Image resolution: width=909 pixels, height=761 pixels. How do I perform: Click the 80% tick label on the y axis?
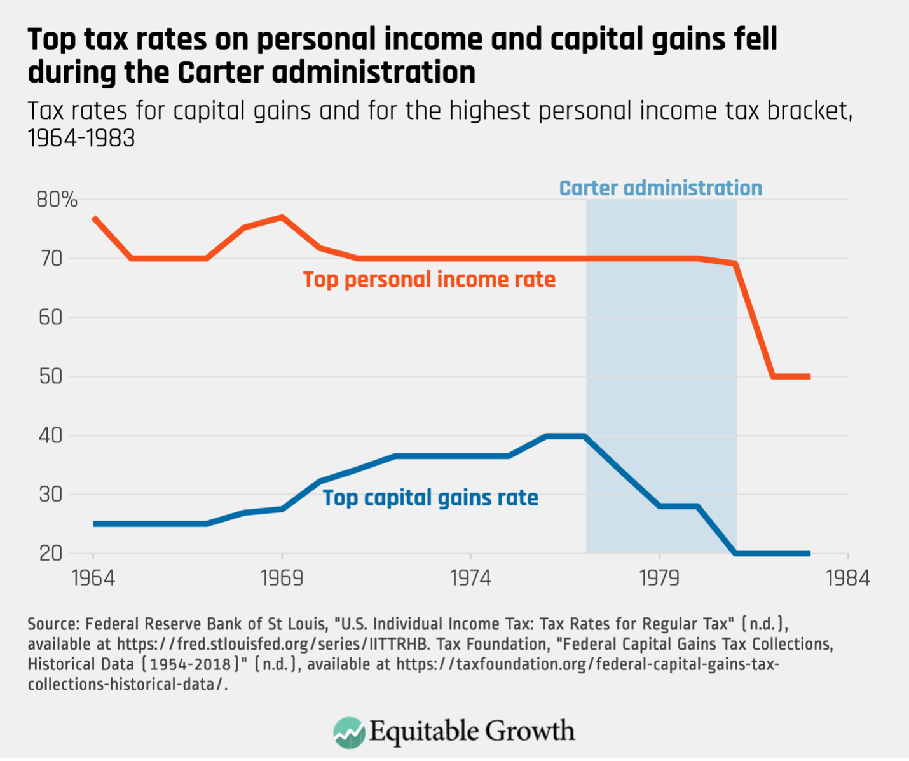point(57,200)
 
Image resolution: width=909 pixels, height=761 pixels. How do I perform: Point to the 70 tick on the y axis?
point(50,259)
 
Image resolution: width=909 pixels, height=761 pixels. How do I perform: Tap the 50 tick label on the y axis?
point(50,376)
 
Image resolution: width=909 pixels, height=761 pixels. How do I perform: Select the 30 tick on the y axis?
point(50,495)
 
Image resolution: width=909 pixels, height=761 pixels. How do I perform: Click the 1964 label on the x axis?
point(93,578)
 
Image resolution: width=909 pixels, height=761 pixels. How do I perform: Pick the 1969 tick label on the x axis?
point(282,578)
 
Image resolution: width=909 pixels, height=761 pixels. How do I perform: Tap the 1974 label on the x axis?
point(471,578)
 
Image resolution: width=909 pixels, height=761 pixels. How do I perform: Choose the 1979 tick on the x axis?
point(660,578)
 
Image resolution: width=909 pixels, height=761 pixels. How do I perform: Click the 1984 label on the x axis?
point(847,578)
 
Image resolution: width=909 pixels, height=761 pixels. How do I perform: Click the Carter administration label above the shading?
point(660,188)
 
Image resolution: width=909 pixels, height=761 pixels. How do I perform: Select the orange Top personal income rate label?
point(429,280)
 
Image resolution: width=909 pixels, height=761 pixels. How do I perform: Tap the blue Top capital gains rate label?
point(430,497)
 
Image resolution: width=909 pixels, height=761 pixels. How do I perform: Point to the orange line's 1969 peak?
point(282,217)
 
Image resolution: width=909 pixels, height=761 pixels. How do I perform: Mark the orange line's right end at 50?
point(809,376)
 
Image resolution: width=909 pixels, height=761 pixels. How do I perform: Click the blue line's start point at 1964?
point(95,524)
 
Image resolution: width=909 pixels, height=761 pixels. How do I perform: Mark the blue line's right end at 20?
point(809,553)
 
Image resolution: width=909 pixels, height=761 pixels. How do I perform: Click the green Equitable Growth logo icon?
point(349,732)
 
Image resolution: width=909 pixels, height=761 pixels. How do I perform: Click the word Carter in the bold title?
point(216,72)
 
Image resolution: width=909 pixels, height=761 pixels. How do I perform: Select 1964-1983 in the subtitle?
point(81,138)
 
